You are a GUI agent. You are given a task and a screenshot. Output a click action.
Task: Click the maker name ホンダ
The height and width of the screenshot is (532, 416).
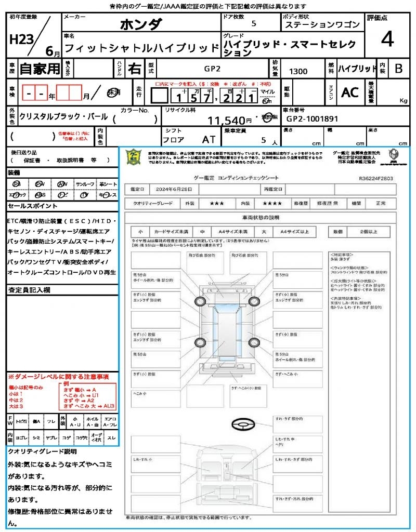pyautogui.click(x=141, y=24)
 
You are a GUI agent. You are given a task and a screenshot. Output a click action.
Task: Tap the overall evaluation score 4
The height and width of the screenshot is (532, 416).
pyautogui.click(x=386, y=39)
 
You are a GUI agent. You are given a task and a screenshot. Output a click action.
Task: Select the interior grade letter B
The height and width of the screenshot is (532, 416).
pyautogui.click(x=398, y=69)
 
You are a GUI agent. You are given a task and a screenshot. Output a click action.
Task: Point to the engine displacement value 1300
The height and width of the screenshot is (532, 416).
pyautogui.click(x=298, y=71)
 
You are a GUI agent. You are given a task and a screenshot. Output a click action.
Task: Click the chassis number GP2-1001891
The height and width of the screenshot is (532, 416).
pyautogui.click(x=312, y=118)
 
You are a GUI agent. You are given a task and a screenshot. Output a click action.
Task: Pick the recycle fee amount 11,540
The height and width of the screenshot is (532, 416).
pyautogui.click(x=226, y=121)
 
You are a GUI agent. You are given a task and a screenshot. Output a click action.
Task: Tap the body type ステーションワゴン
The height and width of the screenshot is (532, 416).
pyautogui.click(x=322, y=25)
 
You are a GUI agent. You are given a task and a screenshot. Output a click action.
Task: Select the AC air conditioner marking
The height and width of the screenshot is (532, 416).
pyautogui.click(x=350, y=92)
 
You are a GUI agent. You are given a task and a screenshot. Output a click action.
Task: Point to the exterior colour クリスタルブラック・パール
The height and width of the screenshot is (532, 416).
pyautogui.click(x=63, y=117)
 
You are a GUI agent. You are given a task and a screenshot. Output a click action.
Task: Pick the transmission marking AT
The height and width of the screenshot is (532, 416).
pyautogui.click(x=209, y=140)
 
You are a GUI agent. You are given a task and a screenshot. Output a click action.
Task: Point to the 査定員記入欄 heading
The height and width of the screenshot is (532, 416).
pyautogui.click(x=29, y=289)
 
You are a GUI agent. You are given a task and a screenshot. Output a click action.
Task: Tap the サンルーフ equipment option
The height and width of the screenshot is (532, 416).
pyautogui.click(x=85, y=184)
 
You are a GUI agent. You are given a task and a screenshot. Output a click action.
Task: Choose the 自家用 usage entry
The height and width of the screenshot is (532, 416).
pyautogui.click(x=40, y=69)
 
